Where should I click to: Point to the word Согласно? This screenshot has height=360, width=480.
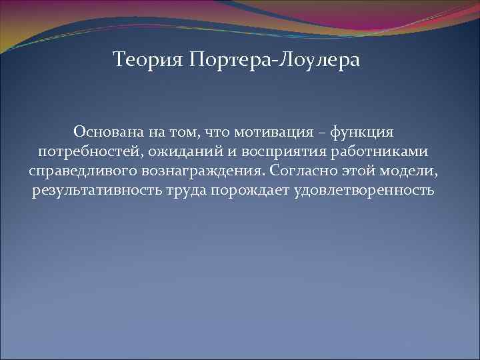coord(307,171)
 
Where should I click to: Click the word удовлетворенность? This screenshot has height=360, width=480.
coord(361,191)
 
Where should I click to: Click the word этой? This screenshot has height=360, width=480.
coord(365,171)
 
